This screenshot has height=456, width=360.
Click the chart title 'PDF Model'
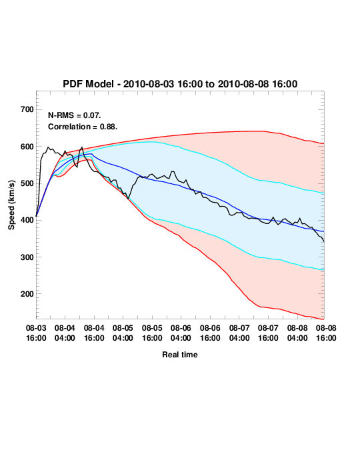click(x=88, y=84)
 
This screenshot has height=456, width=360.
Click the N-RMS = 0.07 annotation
click(x=75, y=115)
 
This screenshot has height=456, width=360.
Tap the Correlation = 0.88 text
click(x=83, y=127)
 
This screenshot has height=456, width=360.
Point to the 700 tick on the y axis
click(x=27, y=109)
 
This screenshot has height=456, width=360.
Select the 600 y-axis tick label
click(x=27, y=147)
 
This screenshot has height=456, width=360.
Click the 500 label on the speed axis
click(x=27, y=183)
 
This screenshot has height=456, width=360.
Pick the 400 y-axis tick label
click(x=27, y=220)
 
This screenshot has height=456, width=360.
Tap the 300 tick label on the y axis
click(x=27, y=257)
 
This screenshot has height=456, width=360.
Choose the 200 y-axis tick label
click(x=27, y=294)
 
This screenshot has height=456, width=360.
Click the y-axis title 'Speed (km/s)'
click(x=11, y=205)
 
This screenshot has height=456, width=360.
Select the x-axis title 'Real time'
click(x=180, y=355)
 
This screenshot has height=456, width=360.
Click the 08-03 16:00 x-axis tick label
click(x=36, y=333)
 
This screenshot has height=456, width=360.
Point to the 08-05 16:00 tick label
click(x=152, y=333)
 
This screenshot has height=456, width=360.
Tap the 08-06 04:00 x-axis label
click(x=181, y=333)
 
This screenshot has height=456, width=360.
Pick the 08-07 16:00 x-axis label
click(x=268, y=333)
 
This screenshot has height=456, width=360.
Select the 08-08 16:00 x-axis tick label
click(x=326, y=333)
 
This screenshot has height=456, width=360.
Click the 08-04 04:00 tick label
click(x=65, y=333)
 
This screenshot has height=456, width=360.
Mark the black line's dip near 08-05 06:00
click(x=128, y=199)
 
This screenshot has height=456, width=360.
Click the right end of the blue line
click(x=323, y=231)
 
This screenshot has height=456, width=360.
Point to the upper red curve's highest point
click(x=256, y=131)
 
